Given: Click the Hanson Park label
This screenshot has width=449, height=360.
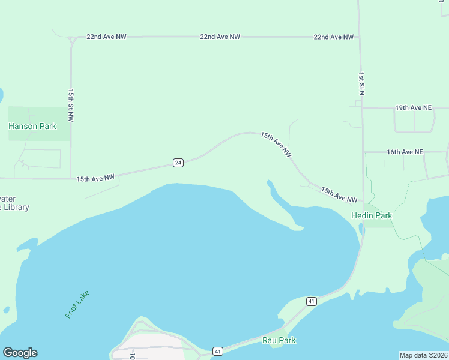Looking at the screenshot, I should [x=32, y=126].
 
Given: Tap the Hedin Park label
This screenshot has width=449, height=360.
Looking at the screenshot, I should [x=372, y=215].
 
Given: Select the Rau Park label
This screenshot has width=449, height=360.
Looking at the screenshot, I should [x=279, y=340].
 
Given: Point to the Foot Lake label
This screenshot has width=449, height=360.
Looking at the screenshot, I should [x=77, y=304].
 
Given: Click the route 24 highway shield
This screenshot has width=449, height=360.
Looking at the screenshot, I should [x=178, y=163].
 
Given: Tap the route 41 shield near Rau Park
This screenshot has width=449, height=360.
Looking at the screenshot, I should [x=217, y=351].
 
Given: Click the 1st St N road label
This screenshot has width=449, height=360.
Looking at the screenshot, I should [x=361, y=85].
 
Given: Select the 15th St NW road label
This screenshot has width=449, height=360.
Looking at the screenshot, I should [x=70, y=106].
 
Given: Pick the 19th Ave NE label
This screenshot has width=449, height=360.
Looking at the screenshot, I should [x=413, y=108].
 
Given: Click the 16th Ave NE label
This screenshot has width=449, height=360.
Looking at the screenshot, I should [x=405, y=152].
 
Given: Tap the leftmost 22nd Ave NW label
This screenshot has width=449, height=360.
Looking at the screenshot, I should [x=106, y=37].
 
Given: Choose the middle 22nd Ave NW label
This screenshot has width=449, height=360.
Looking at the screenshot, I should [x=220, y=37].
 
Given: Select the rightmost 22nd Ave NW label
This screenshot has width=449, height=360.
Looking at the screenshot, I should [x=333, y=37].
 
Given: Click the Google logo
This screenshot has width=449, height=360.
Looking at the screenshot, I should [x=20, y=353].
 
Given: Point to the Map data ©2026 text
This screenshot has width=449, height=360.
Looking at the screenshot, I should [x=423, y=355].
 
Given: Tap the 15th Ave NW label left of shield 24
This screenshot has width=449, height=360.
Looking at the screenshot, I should [x=95, y=178].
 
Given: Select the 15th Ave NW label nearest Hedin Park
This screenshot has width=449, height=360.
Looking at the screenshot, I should [x=339, y=195].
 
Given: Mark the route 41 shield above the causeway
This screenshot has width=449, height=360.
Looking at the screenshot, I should [x=311, y=301].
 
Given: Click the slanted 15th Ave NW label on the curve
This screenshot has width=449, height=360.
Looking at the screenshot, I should [x=276, y=145].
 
